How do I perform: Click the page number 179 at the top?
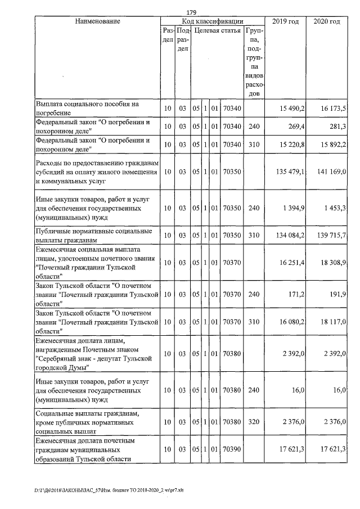[190, 12]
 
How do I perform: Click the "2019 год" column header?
[285, 21]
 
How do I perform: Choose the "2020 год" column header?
[326, 21]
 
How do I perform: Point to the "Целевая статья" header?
[218, 30]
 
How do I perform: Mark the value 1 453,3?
[334, 209]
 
